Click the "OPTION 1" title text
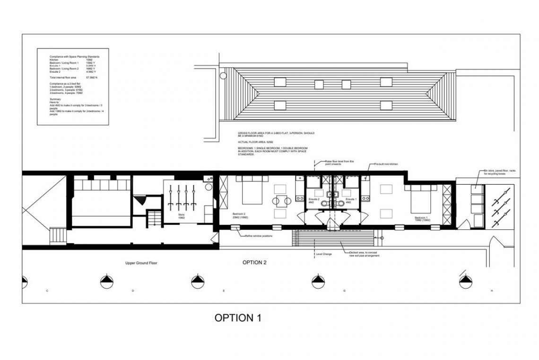click(238, 317)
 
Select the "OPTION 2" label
click(254, 262)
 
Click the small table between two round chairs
click(281, 201)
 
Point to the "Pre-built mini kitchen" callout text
click(386, 164)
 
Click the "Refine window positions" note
click(258, 235)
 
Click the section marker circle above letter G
click(317, 281)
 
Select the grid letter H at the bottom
click(493, 290)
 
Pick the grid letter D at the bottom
click(133, 290)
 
